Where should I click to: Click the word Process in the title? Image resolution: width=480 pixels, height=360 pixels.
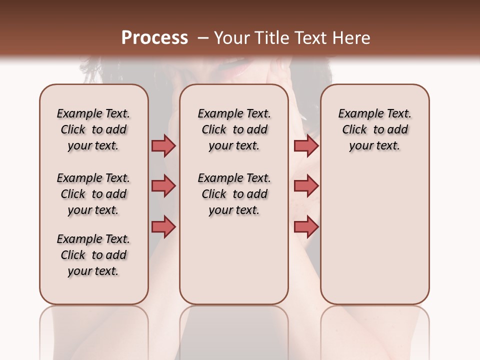[x=154, y=37]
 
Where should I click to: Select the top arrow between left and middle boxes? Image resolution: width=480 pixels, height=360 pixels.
[x=163, y=145]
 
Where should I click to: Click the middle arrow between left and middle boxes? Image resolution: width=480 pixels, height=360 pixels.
[x=163, y=186]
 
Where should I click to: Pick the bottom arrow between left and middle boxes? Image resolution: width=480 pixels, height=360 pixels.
[x=163, y=226]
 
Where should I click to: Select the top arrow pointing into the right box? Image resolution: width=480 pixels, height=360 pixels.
[x=306, y=145]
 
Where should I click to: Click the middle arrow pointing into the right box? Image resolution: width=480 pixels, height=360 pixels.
[x=306, y=186]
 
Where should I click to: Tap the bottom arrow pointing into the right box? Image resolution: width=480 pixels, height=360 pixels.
[x=306, y=226]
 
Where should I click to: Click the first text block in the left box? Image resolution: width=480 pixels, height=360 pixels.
[x=93, y=129]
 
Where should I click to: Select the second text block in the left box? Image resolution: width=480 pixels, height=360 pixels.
[x=93, y=194]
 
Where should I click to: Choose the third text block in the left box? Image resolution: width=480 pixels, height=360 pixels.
[x=93, y=255]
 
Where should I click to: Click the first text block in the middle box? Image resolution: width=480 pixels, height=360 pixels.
[x=234, y=129]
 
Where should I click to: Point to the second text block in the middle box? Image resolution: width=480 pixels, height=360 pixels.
[x=234, y=194]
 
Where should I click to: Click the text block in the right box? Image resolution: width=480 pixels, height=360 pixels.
[x=374, y=129]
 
